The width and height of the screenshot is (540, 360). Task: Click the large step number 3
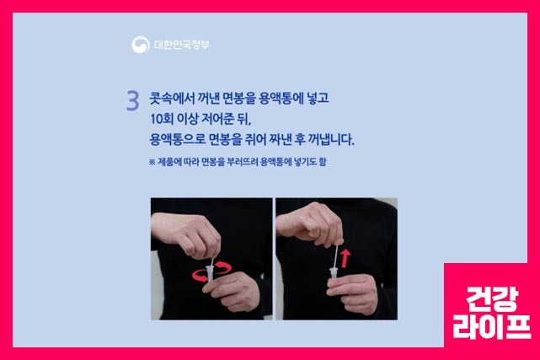click(x=132, y=100)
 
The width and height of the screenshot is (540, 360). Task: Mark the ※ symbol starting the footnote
click(x=152, y=160)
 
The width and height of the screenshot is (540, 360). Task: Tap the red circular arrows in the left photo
click(x=211, y=272)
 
